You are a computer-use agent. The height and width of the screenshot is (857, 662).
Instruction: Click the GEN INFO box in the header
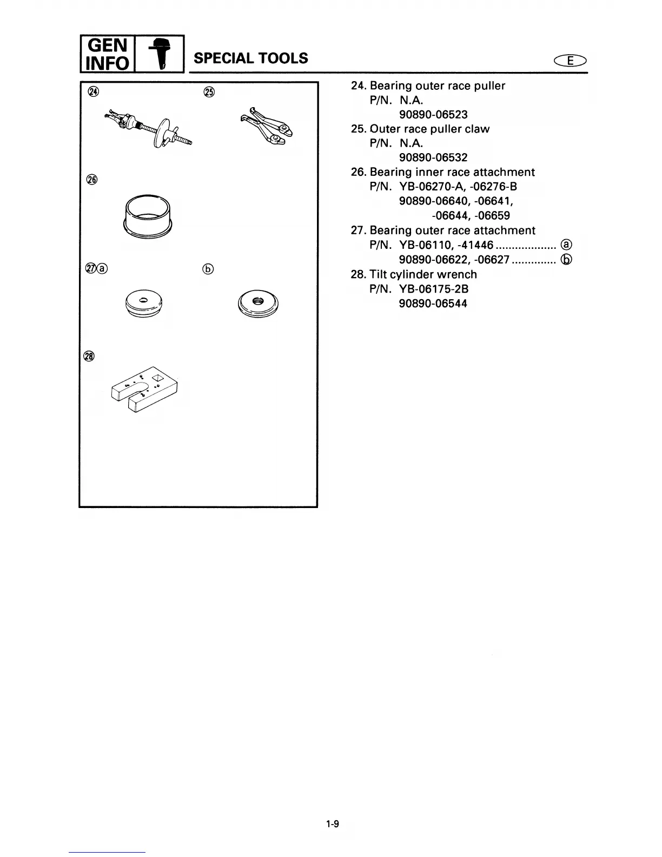point(106,54)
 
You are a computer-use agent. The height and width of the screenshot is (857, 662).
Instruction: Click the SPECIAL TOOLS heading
point(250,58)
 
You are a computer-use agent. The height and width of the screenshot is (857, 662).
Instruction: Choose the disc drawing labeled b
point(257,306)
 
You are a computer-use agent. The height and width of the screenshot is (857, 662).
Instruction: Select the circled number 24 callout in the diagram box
point(94,91)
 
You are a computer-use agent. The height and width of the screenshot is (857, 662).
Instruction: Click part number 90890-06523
point(433,115)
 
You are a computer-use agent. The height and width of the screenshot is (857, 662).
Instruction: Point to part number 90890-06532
point(433,158)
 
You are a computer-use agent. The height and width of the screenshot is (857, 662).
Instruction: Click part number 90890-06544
point(433,304)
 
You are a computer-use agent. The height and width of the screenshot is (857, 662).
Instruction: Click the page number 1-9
point(332,825)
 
